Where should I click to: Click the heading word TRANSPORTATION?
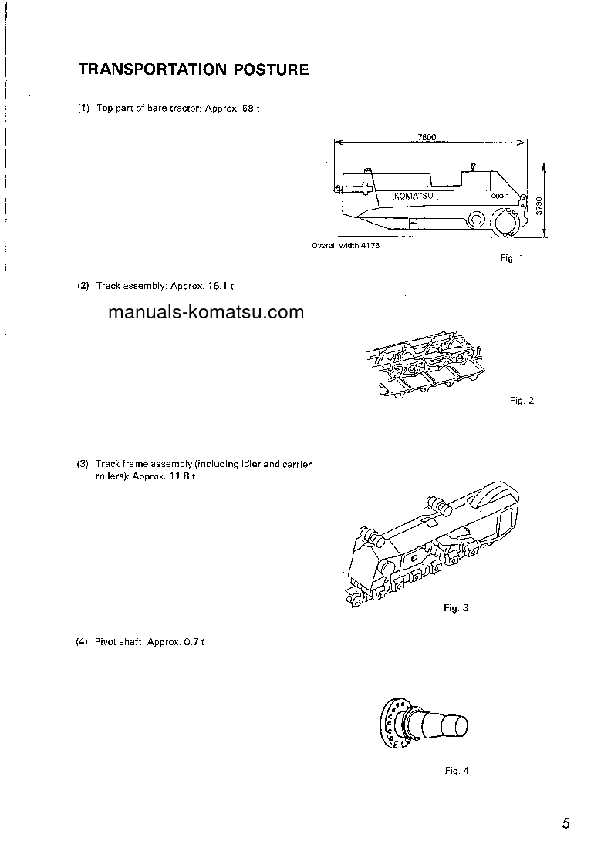point(145,69)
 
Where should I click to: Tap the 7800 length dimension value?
point(427,136)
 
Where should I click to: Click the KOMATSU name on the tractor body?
point(414,196)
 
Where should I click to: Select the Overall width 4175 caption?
point(346,246)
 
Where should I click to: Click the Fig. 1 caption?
point(511,259)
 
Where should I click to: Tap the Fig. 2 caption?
point(522,401)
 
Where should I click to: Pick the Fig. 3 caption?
point(456,608)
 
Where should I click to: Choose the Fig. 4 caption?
point(457,771)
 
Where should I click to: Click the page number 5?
point(565,824)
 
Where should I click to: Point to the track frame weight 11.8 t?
point(182,476)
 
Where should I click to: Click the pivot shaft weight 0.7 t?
point(193,642)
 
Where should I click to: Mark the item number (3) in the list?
point(83,464)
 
